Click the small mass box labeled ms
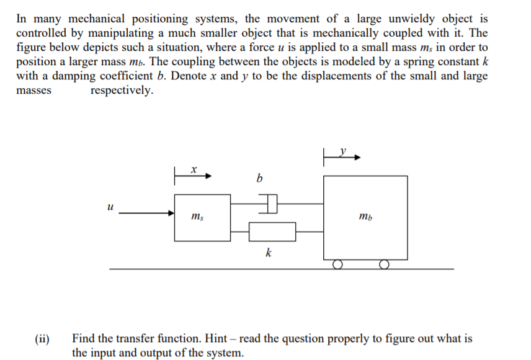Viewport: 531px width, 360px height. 203,217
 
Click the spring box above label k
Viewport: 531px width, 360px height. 272,232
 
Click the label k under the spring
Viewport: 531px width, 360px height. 268,253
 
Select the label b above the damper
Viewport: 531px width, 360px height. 259,179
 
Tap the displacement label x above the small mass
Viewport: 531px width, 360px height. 194,168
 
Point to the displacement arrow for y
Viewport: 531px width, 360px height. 342,158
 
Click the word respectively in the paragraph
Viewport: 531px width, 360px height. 122,91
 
